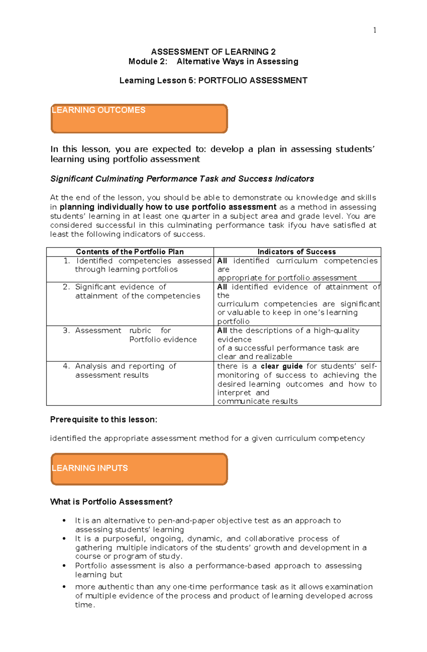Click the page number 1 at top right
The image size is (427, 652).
[x=374, y=30]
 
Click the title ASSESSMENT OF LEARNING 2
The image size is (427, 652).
[x=213, y=52]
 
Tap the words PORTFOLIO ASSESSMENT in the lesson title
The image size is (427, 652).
[x=253, y=81]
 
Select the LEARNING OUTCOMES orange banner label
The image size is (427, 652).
[x=98, y=110]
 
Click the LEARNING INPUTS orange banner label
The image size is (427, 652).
[x=90, y=468]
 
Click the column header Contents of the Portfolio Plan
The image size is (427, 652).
[x=130, y=252]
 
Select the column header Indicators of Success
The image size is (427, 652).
[x=296, y=252]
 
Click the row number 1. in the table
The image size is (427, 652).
[x=67, y=261]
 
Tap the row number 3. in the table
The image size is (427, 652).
[x=66, y=330]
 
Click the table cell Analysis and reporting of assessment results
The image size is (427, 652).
[x=126, y=371]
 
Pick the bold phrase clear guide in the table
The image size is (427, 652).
[x=281, y=366]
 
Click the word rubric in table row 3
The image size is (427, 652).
[x=140, y=330]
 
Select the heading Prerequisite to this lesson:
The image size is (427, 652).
[x=104, y=420]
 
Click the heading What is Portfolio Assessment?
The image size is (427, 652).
[x=111, y=502]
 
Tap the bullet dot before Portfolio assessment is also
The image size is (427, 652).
[x=64, y=566]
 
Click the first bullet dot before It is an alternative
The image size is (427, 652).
[x=64, y=521]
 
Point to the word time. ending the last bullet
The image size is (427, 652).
[x=85, y=605]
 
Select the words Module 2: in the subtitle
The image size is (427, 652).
[x=148, y=61]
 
